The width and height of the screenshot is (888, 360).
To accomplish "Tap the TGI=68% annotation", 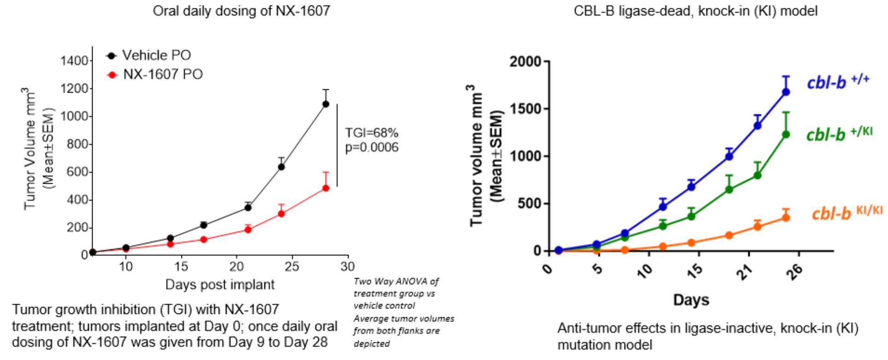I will coord(372,133).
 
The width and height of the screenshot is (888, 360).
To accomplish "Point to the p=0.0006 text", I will coord(372,147).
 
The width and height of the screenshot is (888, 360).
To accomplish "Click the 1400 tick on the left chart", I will coord(75,61).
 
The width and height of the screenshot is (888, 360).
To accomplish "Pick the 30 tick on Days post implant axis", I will coord(348,266).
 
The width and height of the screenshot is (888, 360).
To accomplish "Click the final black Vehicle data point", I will coord(326,104).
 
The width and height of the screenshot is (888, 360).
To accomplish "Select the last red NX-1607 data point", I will coord(326,188).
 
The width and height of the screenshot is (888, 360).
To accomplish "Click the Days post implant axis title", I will coord(220,285).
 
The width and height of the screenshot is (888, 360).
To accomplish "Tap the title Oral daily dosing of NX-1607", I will coord(241,11).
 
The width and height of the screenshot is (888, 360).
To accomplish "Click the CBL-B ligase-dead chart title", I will coord(695,11).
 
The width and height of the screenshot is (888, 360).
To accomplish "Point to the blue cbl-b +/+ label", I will coord(838,82).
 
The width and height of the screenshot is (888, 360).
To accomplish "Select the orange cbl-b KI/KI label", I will coord(847,213).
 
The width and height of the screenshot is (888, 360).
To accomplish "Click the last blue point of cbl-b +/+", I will coord(786,92).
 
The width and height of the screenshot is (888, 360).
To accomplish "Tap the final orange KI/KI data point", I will coord(786,218).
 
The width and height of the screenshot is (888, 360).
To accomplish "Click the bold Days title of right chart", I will coord(691,300).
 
